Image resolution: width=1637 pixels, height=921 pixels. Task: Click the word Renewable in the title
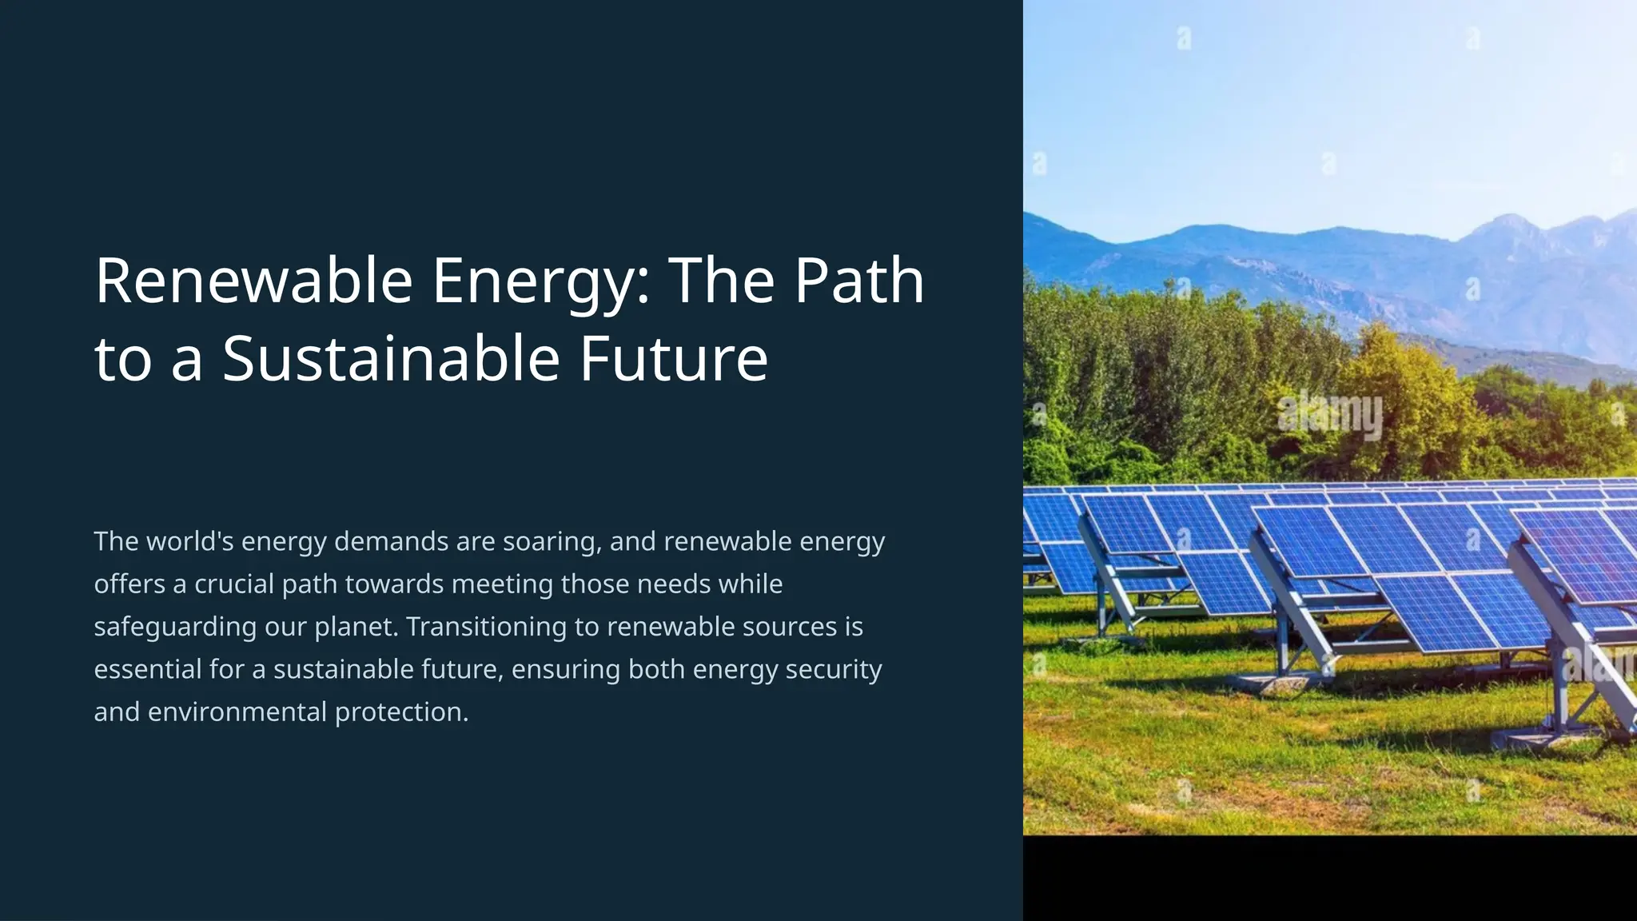253,281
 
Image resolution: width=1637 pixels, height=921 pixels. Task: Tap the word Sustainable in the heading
391,358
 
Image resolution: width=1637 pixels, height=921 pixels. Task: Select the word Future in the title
673,358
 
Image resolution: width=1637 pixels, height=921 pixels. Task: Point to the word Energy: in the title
541,281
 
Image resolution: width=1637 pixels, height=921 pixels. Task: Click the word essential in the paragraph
147,669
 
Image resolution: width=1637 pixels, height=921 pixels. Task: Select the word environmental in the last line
237,712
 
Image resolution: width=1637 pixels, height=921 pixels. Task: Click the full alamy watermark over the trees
1329,415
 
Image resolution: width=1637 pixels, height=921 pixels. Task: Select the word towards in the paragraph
394,584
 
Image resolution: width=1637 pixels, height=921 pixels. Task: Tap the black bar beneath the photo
1329,878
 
